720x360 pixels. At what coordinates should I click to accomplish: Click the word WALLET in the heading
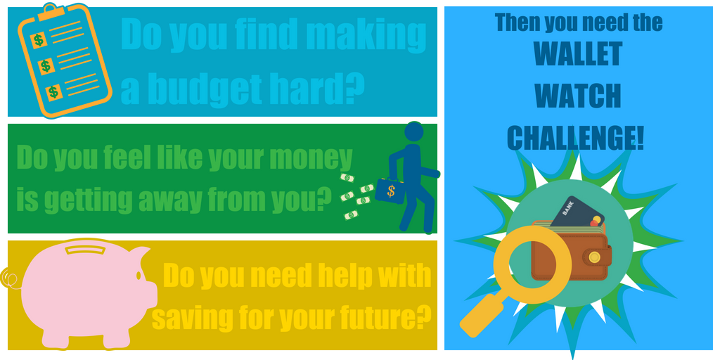[x=577, y=55]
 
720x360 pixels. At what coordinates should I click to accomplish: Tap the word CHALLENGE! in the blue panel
[x=575, y=137]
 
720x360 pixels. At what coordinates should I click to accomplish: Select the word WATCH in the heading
[x=578, y=96]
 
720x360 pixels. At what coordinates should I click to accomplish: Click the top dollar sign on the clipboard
[x=39, y=40]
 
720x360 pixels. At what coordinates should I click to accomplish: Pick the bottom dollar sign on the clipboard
[x=53, y=92]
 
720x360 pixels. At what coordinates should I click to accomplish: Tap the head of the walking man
[x=414, y=131]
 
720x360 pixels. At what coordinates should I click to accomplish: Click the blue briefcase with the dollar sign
[x=390, y=190]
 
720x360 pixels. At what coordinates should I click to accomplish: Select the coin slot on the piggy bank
[x=84, y=250]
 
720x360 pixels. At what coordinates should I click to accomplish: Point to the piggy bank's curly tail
[x=11, y=278]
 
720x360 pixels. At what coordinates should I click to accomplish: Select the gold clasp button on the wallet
[x=595, y=257]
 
